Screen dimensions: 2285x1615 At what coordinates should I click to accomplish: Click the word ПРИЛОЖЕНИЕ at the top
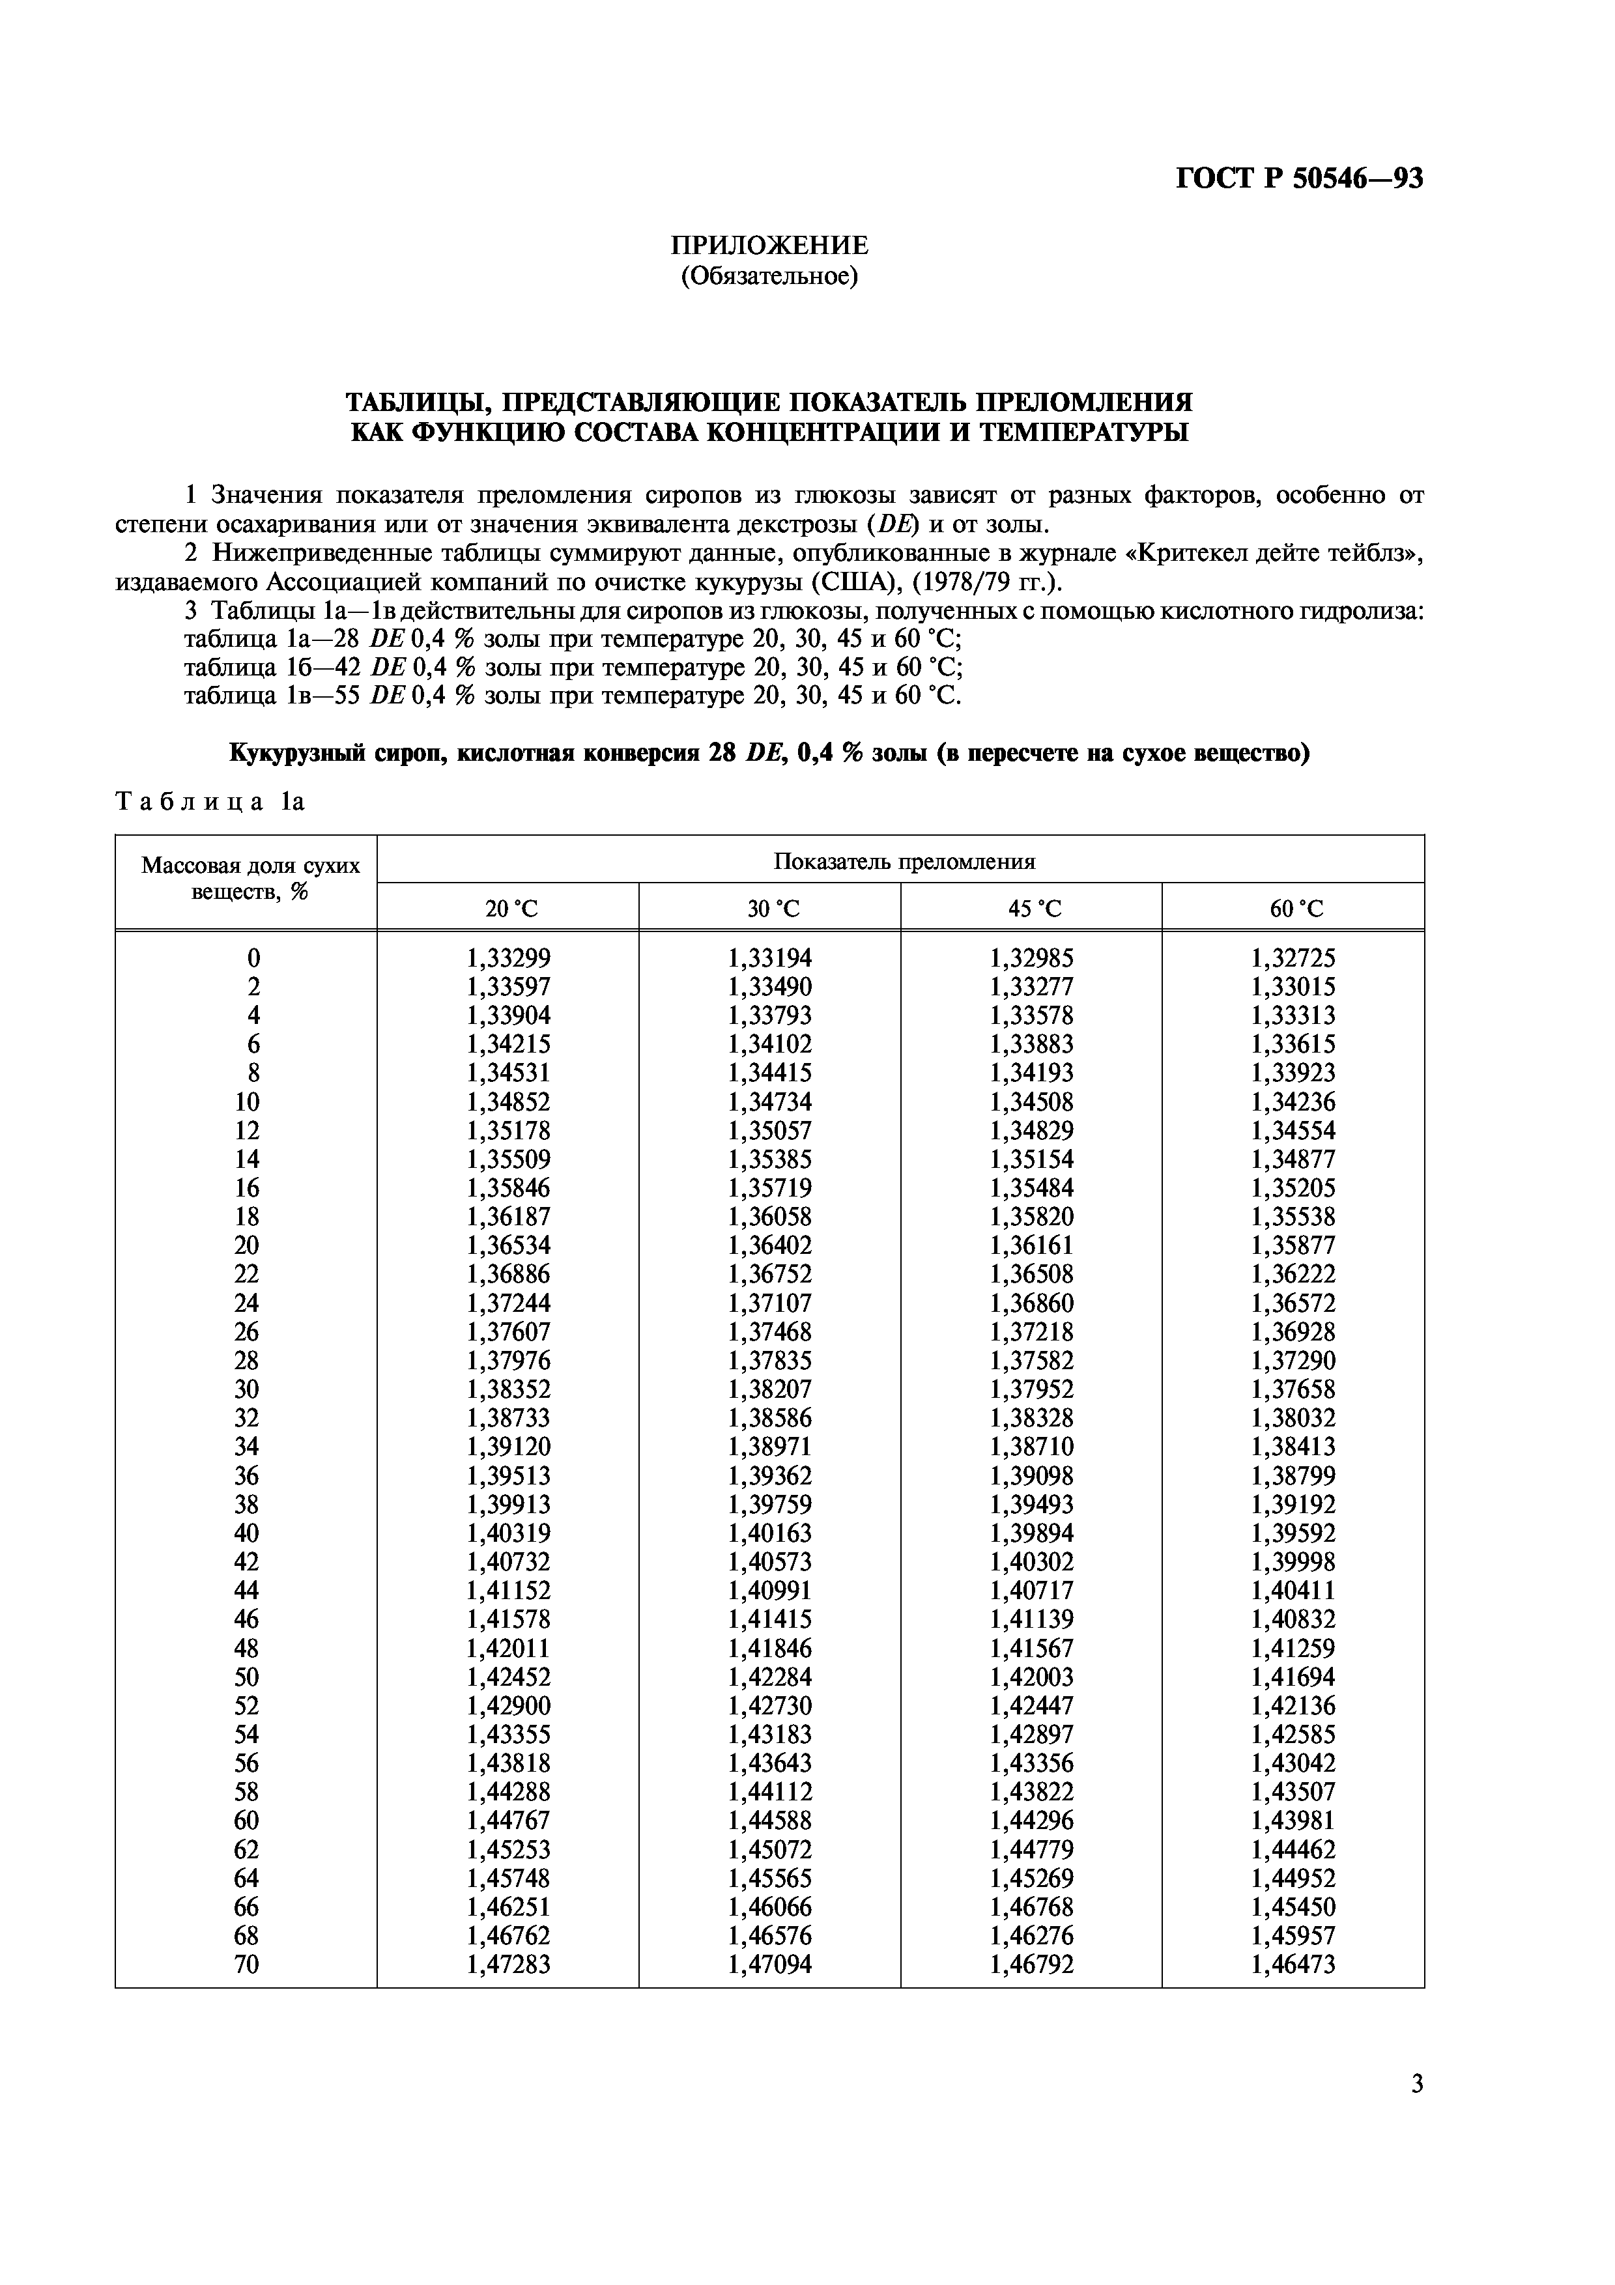(x=768, y=245)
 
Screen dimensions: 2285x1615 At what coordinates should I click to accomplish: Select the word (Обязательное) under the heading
(x=768, y=275)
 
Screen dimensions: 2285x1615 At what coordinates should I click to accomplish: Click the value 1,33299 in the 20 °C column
(x=509, y=958)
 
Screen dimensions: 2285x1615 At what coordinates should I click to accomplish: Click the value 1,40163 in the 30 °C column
(x=769, y=1533)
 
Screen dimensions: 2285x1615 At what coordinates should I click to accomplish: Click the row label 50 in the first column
(x=247, y=1677)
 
